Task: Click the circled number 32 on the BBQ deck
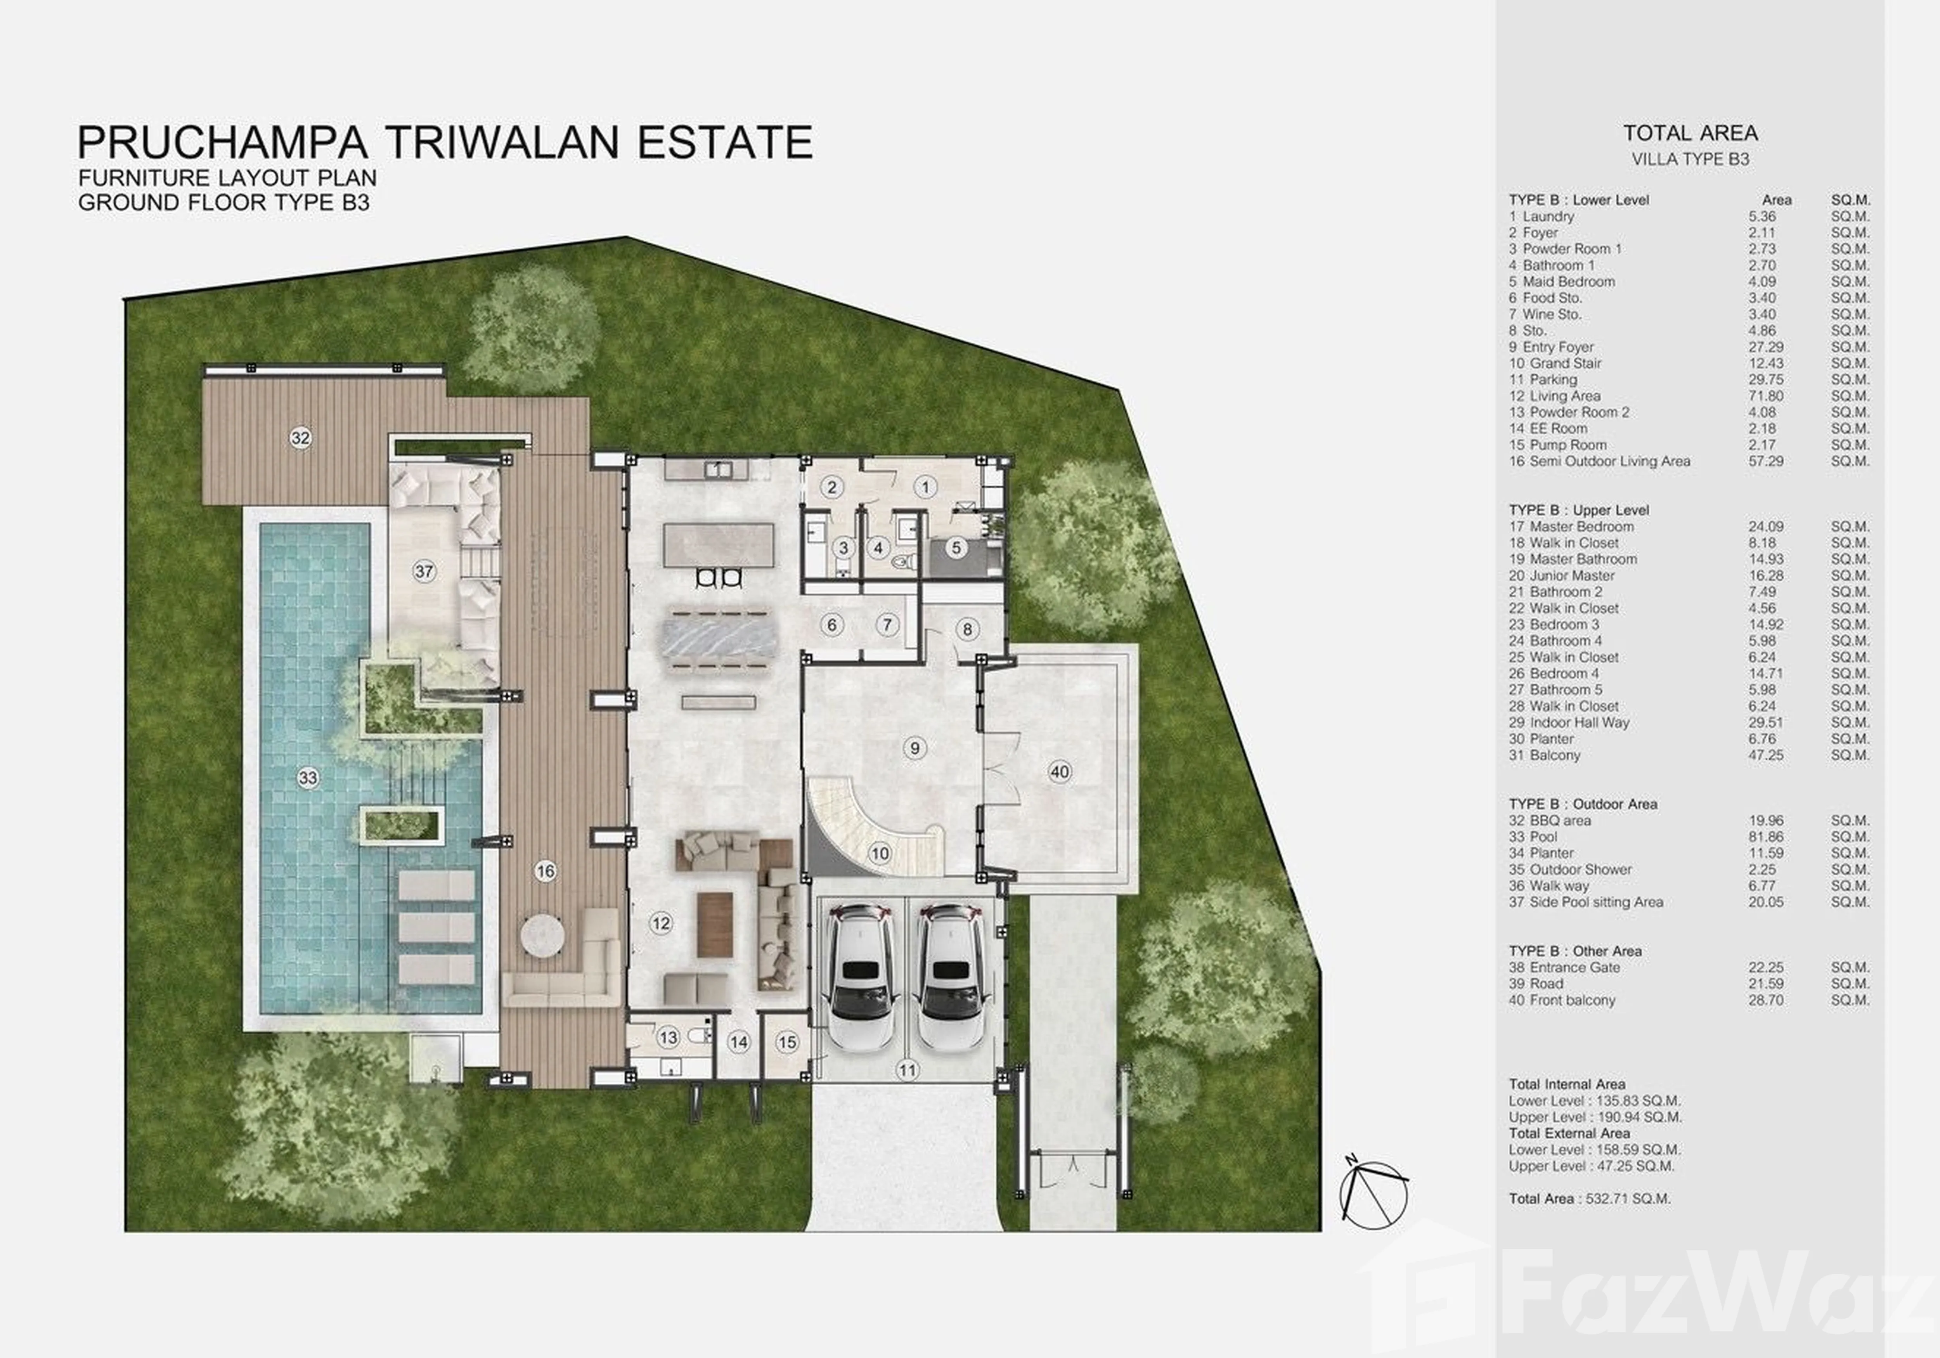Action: click(300, 438)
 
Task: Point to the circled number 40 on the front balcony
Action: click(1060, 771)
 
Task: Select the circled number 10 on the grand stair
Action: click(880, 854)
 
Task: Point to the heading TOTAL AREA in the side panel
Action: click(1690, 133)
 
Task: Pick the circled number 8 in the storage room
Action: click(967, 629)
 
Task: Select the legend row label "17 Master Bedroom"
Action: click(1572, 527)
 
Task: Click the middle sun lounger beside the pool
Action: click(436, 927)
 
